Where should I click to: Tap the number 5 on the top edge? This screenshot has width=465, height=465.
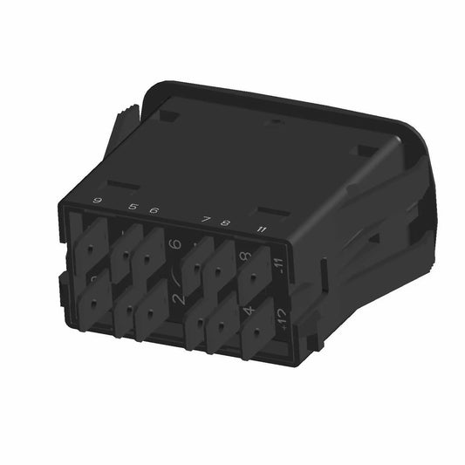133,208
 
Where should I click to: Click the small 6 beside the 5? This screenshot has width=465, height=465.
154,210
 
